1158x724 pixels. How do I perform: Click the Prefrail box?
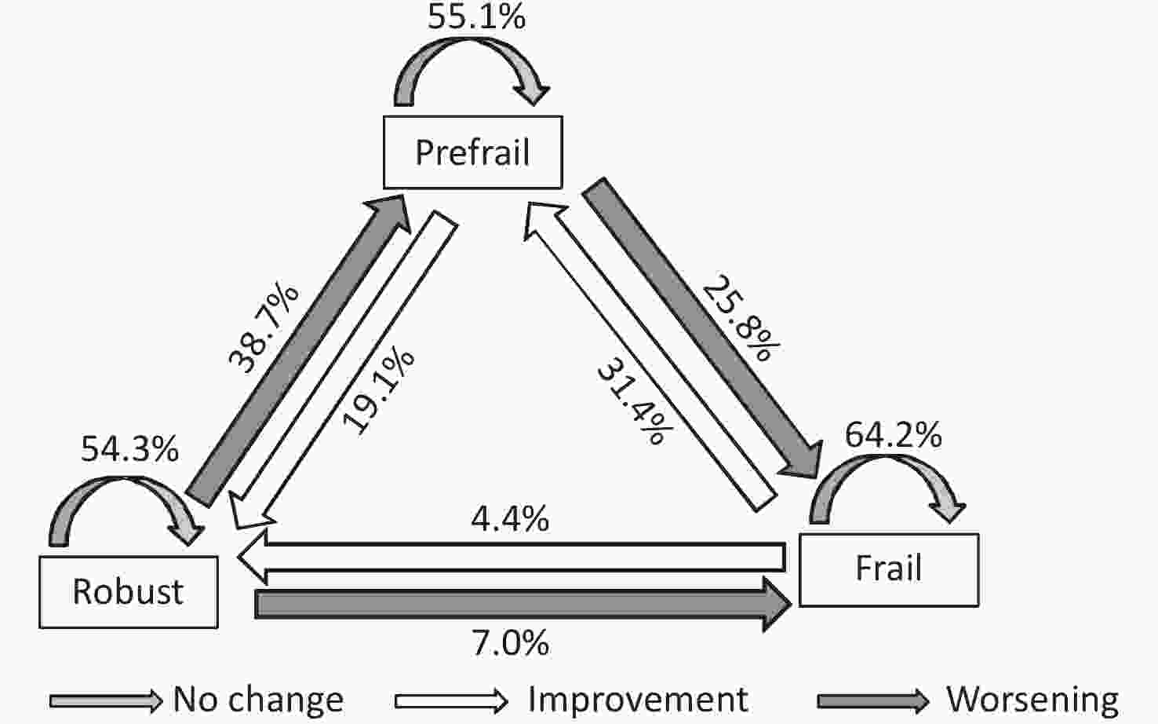tap(472, 152)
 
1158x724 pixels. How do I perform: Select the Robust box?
tap(129, 592)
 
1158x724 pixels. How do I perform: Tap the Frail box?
tap(889, 569)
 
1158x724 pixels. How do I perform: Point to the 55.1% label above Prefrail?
tap(476, 16)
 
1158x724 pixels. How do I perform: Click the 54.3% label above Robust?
tap(129, 448)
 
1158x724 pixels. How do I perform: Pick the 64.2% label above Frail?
tap(893, 434)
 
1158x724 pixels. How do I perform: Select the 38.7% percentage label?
tap(263, 328)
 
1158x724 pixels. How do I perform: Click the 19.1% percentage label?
tap(378, 391)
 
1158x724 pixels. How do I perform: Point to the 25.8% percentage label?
tap(741, 318)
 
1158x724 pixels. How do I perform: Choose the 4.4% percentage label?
tap(510, 518)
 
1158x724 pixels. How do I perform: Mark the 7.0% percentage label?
tap(510, 643)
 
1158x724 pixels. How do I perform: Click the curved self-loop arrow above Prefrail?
tap(471, 71)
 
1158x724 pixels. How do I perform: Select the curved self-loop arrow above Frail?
tap(887, 488)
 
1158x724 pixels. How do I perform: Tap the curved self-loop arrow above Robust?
tap(126, 510)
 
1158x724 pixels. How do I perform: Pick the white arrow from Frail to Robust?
tap(512, 557)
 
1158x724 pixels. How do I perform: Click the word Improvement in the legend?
tap(638, 700)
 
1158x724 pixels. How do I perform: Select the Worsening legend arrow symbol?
tap(873, 700)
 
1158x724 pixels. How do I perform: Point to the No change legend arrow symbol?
tap(106, 700)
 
